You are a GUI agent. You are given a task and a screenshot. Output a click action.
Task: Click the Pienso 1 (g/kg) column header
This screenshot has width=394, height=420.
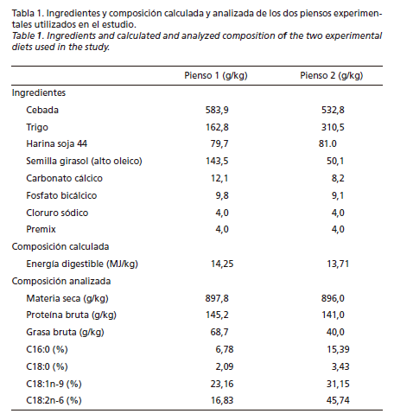coord(216,76)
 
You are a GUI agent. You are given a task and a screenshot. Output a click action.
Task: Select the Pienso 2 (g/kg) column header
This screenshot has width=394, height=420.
coord(331,76)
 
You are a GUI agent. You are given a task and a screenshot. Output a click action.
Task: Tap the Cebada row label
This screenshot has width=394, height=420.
coord(42,110)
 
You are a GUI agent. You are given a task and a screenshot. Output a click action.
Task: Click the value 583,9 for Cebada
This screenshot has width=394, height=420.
coord(217,111)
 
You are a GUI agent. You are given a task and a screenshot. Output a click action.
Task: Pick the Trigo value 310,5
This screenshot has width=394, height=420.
coord(333,127)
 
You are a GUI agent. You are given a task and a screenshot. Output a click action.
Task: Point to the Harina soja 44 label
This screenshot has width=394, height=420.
coord(57,143)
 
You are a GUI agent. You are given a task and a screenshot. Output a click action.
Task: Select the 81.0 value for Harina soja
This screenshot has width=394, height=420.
coord(327,143)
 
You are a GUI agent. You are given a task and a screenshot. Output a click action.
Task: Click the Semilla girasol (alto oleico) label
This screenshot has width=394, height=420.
coord(84,161)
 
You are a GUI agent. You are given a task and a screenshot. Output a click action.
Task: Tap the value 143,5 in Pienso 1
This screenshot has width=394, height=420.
coord(217,161)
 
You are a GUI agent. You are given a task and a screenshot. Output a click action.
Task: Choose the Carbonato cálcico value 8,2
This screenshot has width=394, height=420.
coord(338,178)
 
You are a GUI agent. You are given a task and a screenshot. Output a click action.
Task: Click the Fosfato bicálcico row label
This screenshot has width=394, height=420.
coord(61,195)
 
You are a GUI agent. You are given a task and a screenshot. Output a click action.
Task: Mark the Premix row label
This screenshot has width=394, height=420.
coord(41,229)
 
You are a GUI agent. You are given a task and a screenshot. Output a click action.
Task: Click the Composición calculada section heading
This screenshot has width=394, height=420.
coord(60,246)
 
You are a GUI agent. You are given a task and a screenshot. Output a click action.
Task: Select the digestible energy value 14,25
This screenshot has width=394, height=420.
coord(222,264)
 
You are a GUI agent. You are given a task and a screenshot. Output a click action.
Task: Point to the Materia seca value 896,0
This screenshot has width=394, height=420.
coord(333,298)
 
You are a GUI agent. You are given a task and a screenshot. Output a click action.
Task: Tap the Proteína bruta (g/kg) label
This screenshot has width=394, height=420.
coord(72,315)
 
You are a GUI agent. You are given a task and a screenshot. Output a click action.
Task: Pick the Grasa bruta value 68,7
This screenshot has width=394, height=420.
coord(219,332)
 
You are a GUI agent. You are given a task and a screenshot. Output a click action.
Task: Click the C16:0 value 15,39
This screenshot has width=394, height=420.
coord(338,349)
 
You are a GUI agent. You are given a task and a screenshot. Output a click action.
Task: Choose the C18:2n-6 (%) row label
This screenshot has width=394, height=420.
coord(54,400)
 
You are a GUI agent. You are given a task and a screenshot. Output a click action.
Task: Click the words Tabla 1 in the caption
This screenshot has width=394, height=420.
coord(28,13)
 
